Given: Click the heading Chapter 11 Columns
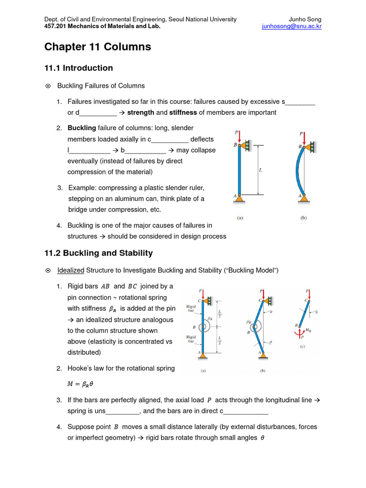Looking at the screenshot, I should click(x=98, y=47).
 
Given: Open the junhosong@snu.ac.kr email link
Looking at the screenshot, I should click(x=292, y=27).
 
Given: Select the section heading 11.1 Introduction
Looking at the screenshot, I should click(x=79, y=68).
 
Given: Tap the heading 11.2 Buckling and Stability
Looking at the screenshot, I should click(x=99, y=253).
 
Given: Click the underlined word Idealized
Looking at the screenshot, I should click(x=71, y=270).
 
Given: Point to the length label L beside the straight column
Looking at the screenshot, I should click(x=260, y=170).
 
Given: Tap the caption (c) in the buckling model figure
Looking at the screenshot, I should click(x=302, y=347).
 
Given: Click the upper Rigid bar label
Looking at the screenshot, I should click(x=191, y=309).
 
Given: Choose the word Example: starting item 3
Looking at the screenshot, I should click(x=84, y=188).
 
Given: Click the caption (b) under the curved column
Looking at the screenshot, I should click(x=303, y=218).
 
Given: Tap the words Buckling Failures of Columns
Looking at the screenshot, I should click(x=101, y=86).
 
